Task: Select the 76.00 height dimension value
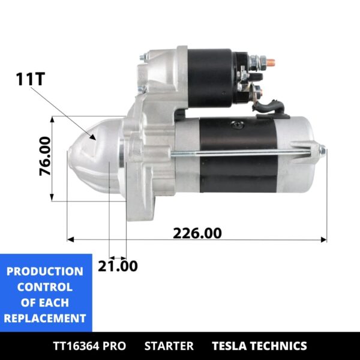[x=44, y=157]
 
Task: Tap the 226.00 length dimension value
[x=197, y=233]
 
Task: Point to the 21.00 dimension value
[x=118, y=266]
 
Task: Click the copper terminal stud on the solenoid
[x=269, y=61]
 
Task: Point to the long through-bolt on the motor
[x=240, y=154]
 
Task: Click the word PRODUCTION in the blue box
[x=45, y=271]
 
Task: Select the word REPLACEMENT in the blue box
[x=45, y=318]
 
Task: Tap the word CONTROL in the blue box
[x=45, y=287]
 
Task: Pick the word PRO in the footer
[x=115, y=346]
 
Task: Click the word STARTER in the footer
[x=169, y=346]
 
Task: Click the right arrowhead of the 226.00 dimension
[x=324, y=240]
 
